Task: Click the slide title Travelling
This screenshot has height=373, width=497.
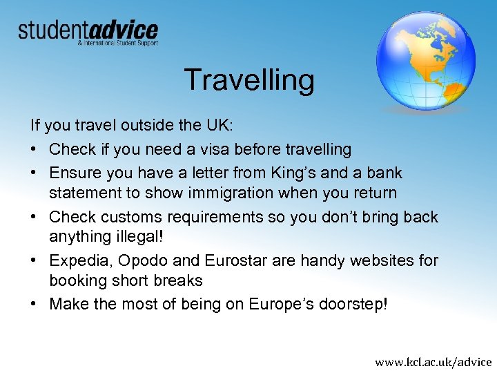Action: click(x=248, y=80)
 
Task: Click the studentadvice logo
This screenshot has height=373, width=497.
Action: click(x=88, y=30)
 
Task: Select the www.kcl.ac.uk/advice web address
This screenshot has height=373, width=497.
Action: click(x=433, y=361)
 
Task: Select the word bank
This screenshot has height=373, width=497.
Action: click(x=385, y=172)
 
